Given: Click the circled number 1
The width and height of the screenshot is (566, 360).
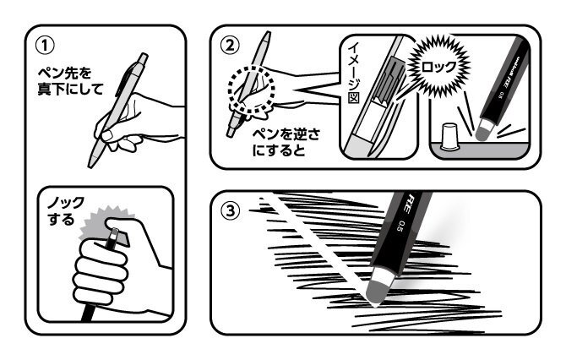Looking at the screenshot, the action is coord(45,46).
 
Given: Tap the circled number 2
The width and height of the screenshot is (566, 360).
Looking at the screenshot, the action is coord(230,46).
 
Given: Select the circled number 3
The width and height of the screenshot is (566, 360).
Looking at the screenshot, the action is coord(230,210).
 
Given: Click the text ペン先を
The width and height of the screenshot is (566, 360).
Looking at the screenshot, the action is coord(64,74).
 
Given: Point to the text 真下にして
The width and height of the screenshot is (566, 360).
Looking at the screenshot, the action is coord(71,90).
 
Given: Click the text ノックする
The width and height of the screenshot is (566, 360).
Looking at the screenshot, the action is coord(66,210).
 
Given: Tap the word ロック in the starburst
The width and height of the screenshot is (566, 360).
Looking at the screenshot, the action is coord(439,67).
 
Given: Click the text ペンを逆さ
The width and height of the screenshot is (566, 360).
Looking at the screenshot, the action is coord(286,134).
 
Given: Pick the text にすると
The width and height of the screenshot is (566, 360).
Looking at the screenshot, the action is coord(279,150).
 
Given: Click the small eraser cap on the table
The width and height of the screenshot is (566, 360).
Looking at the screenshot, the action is coord(449,137).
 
